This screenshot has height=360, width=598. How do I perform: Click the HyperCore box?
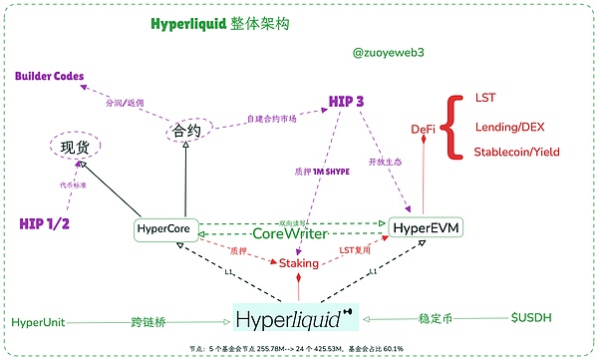point(164,229)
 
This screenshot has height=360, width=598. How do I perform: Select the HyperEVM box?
point(428,229)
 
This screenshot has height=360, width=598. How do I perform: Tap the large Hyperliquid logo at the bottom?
point(296,319)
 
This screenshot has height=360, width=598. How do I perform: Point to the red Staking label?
point(298,264)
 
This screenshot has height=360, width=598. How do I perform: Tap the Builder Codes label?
point(49,76)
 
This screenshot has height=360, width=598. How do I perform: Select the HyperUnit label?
point(43,322)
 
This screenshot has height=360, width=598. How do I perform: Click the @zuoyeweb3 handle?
point(390,51)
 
